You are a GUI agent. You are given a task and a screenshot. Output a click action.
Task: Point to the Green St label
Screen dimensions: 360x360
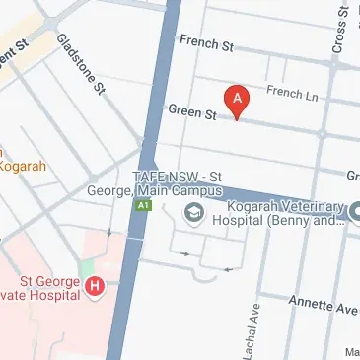pyautogui.click(x=191, y=112)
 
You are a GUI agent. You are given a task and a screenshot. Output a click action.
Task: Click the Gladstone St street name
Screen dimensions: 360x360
pyautogui.click(x=81, y=64)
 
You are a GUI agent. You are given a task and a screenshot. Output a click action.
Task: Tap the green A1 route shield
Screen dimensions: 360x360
pyautogui.click(x=143, y=205)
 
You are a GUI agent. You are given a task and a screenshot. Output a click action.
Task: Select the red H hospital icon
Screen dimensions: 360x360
pyautogui.click(x=95, y=287)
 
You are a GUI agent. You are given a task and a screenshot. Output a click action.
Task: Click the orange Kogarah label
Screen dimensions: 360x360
pyautogui.click(x=22, y=166)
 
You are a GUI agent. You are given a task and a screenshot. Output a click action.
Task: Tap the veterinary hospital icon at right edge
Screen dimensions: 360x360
pyautogui.click(x=354, y=209)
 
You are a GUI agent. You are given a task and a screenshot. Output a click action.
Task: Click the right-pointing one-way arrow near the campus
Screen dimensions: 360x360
pyautogui.click(x=184, y=253)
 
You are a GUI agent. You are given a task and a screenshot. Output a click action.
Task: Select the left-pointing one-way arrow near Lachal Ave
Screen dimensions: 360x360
pyautogui.click(x=228, y=268)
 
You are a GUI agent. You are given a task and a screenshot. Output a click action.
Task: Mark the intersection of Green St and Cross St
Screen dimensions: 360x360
pyautogui.click(x=323, y=132)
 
